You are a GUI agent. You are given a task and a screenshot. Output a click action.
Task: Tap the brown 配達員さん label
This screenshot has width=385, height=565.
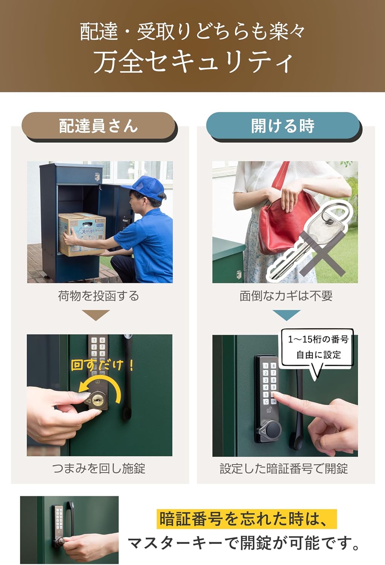coord(99,126)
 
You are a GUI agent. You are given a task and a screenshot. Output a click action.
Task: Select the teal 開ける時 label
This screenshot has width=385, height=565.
coord(283,126)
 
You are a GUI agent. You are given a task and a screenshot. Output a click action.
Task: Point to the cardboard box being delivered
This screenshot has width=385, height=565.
coord(82,234)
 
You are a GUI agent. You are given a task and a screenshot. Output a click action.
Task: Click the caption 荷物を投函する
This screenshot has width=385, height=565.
coord(99,296)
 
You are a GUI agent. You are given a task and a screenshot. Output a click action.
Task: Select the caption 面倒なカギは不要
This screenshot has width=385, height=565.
coord(286,296)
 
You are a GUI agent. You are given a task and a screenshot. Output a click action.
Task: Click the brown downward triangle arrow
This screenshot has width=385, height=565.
coord(96,315)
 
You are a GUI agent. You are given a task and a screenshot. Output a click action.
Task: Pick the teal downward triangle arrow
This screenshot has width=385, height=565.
coord(286,315)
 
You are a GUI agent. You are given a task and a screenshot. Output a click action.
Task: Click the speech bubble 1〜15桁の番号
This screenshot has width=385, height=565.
coord(318,347)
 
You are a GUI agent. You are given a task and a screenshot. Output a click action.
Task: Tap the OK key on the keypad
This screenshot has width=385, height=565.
coord(274,402)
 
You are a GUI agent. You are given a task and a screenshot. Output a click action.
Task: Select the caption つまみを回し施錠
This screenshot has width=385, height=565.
coord(99,469)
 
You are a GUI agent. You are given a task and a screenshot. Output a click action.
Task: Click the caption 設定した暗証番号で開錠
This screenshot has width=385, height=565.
coord(284,469)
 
